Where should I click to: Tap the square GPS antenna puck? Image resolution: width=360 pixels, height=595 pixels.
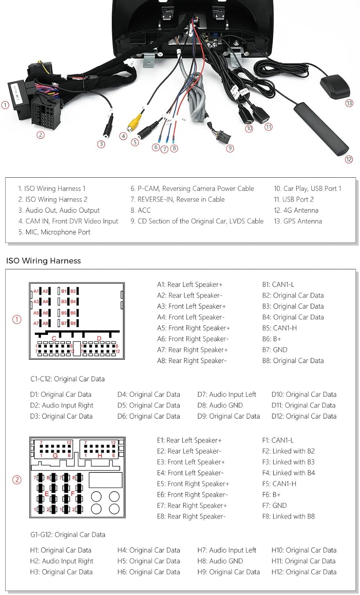[x=331, y=84]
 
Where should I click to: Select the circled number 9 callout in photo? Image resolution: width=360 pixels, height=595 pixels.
[x=230, y=148]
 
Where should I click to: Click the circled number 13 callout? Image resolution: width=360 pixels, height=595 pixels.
[x=349, y=103]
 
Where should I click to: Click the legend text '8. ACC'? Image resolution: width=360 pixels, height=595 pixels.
[x=141, y=210]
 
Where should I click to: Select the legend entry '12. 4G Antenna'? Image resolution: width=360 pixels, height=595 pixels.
[x=296, y=210]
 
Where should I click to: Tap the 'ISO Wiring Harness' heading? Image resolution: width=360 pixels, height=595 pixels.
[x=44, y=261]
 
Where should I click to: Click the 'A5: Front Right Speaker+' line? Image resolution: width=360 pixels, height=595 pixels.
[x=193, y=328]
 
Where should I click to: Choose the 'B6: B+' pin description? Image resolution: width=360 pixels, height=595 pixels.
[x=272, y=339]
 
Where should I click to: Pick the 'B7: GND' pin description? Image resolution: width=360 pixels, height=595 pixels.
[x=274, y=350]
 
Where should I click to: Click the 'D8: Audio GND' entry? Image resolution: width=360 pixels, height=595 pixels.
[x=220, y=405]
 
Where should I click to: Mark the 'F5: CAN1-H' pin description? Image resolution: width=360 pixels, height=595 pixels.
[x=279, y=484]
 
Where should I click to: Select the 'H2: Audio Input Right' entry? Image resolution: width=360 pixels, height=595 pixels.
[x=61, y=561]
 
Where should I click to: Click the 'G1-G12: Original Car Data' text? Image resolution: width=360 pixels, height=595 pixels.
[x=68, y=535]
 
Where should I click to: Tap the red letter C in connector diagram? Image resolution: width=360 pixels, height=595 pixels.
[x=54, y=338]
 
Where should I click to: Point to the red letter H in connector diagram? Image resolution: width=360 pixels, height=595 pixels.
[x=100, y=456]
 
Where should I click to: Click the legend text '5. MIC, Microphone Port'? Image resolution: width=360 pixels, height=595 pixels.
[x=54, y=232]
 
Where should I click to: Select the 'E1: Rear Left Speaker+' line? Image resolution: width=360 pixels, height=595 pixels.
[x=189, y=440]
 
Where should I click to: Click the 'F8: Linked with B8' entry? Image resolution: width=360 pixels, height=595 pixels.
[x=288, y=516]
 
